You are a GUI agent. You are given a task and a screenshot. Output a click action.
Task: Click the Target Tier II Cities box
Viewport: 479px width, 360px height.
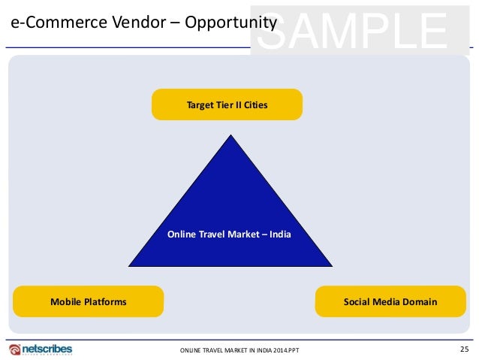click(227, 104)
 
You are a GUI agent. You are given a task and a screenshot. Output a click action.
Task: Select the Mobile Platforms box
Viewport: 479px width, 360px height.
click(88, 301)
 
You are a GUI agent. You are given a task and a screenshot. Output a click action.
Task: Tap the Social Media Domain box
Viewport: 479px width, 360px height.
click(390, 301)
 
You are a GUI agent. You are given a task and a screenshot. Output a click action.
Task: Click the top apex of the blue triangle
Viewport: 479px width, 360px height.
click(230, 136)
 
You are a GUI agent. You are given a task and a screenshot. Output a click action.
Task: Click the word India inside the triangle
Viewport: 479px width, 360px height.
click(281, 234)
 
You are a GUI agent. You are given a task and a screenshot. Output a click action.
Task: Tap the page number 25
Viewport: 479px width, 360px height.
click(464, 348)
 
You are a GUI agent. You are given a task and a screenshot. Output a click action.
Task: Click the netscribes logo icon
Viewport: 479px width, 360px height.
click(14, 349)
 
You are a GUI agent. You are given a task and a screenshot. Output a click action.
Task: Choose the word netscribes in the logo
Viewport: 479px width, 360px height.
click(47, 347)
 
